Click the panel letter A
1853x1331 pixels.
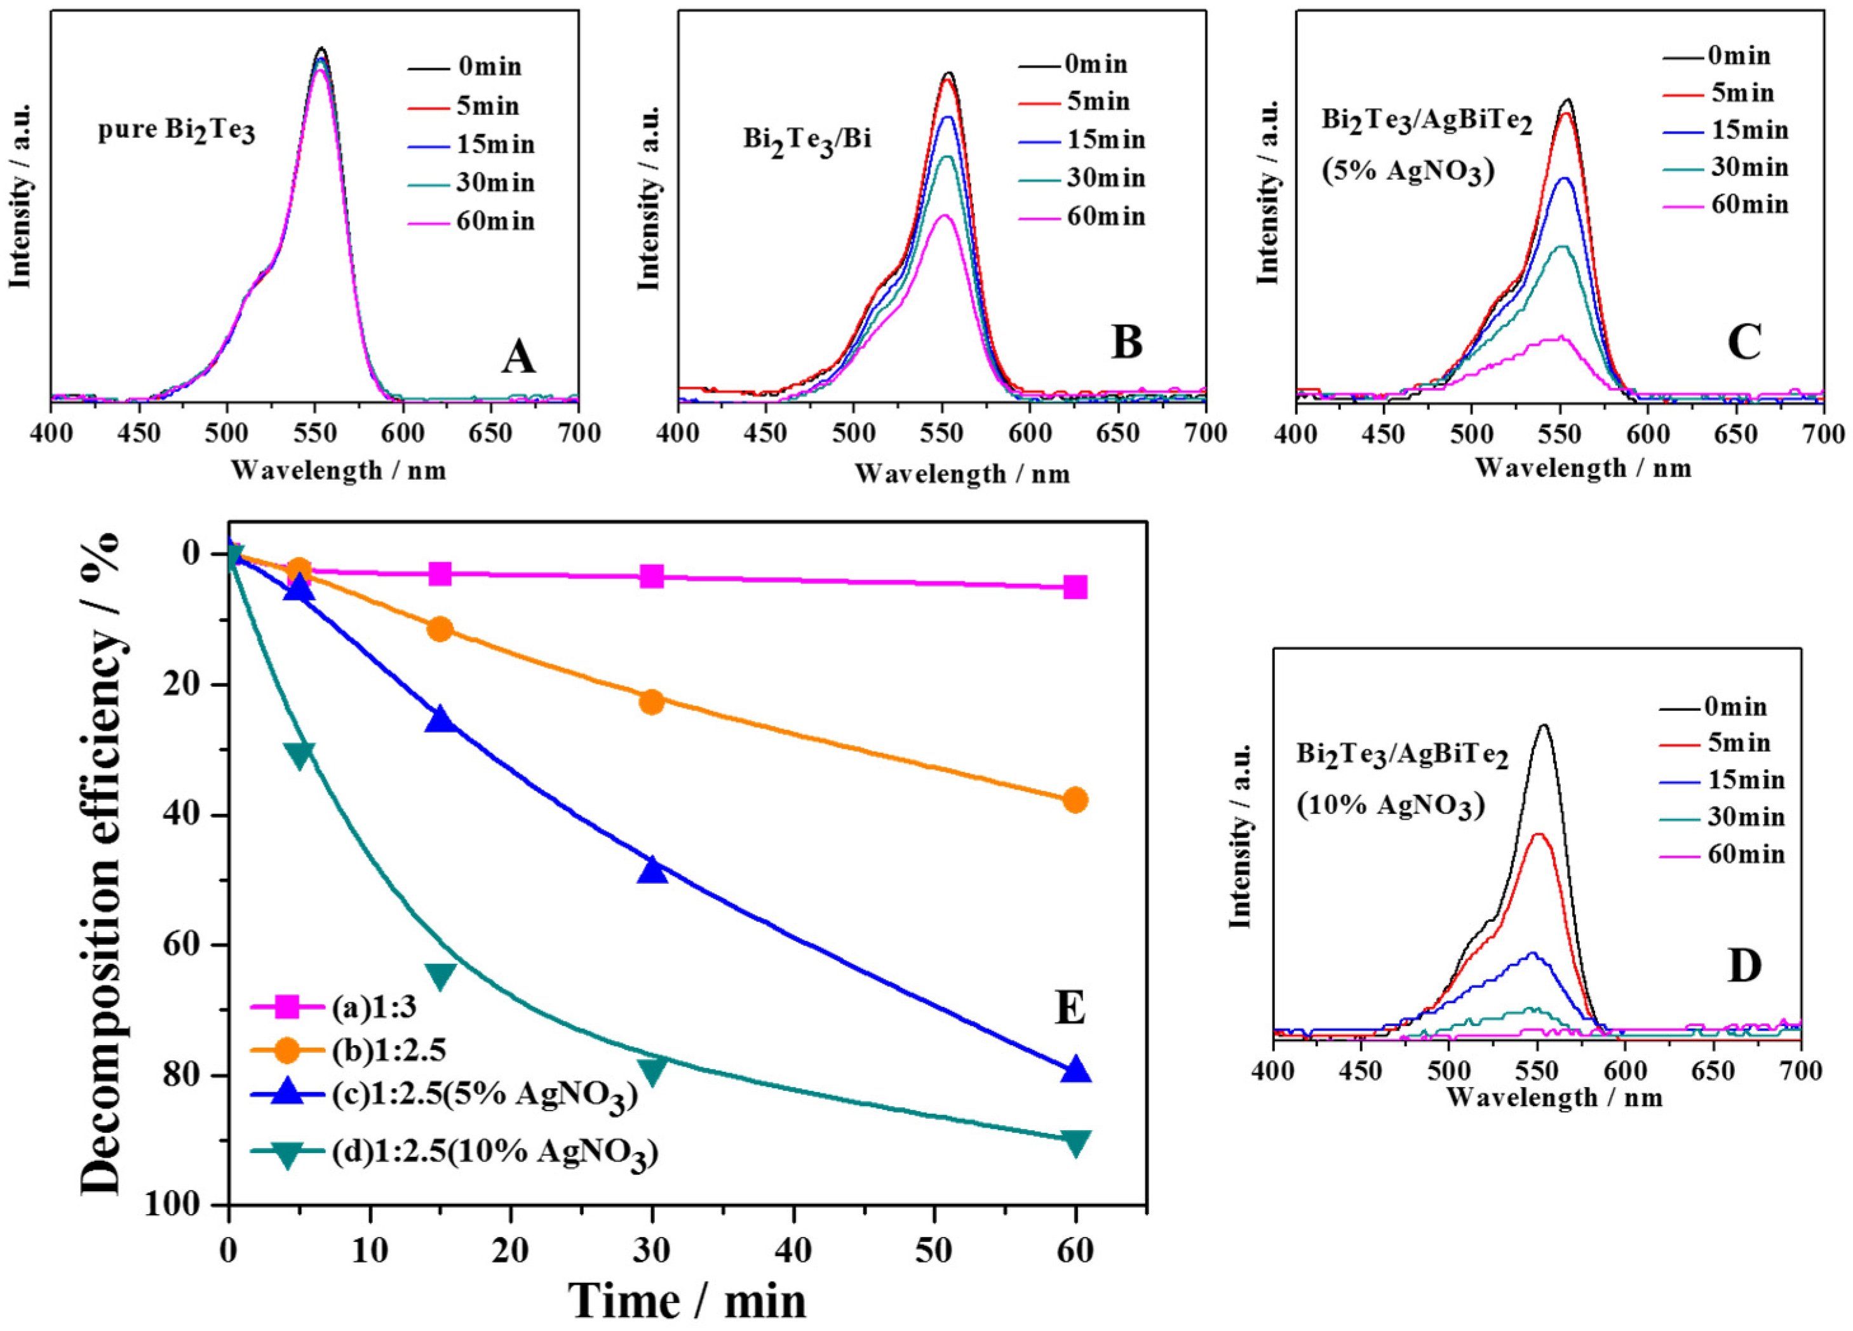tap(518, 357)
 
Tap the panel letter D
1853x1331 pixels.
tap(1744, 966)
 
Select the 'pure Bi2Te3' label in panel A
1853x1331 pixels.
tap(177, 132)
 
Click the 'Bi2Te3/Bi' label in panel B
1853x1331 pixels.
tap(806, 139)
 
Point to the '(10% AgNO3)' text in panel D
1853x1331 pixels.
tap(1390, 806)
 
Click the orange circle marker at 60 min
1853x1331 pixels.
tap(1075, 800)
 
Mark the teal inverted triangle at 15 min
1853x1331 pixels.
tap(440, 975)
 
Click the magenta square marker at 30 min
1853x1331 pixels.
tap(652, 577)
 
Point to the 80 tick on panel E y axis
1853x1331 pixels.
tap(188, 1075)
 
